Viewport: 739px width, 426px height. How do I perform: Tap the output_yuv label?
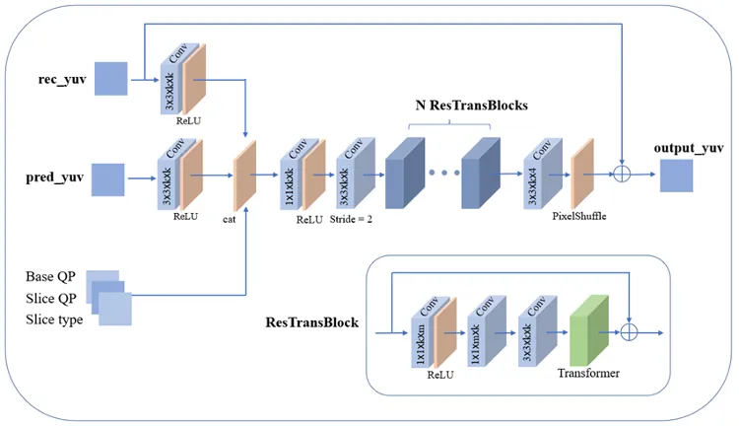pyautogui.click(x=689, y=148)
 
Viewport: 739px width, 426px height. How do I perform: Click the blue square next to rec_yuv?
pyautogui.click(x=111, y=79)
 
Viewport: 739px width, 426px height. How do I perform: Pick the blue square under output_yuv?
pyautogui.click(x=677, y=177)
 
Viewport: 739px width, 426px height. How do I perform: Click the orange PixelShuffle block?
pyautogui.click(x=582, y=173)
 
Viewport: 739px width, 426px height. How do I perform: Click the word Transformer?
pyautogui.click(x=589, y=375)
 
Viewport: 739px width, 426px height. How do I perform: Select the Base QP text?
pyautogui.click(x=52, y=276)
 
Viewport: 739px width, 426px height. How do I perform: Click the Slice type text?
pyautogui.click(x=54, y=319)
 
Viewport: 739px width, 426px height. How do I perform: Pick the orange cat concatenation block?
pyautogui.click(x=243, y=174)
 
